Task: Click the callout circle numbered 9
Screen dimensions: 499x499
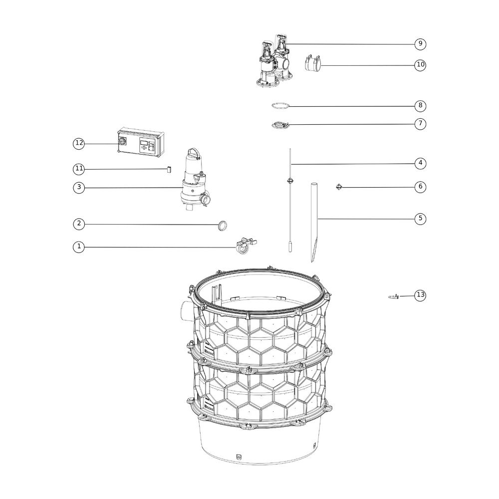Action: click(x=420, y=43)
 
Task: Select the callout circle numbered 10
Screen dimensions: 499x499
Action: click(x=420, y=65)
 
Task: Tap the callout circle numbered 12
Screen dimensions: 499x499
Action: click(x=79, y=144)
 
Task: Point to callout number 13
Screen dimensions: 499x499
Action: click(x=420, y=295)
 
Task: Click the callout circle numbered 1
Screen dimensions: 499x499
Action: click(x=79, y=247)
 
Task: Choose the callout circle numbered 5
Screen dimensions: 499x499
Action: click(x=420, y=219)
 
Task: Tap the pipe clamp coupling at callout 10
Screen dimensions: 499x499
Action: click(x=312, y=63)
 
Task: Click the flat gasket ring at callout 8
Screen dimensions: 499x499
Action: click(x=280, y=106)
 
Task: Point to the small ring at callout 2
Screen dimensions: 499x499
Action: click(x=223, y=226)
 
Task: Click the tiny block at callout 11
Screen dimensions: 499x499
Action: click(x=169, y=169)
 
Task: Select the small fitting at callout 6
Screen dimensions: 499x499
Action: click(x=339, y=187)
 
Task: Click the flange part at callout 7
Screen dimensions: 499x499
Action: click(x=280, y=125)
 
